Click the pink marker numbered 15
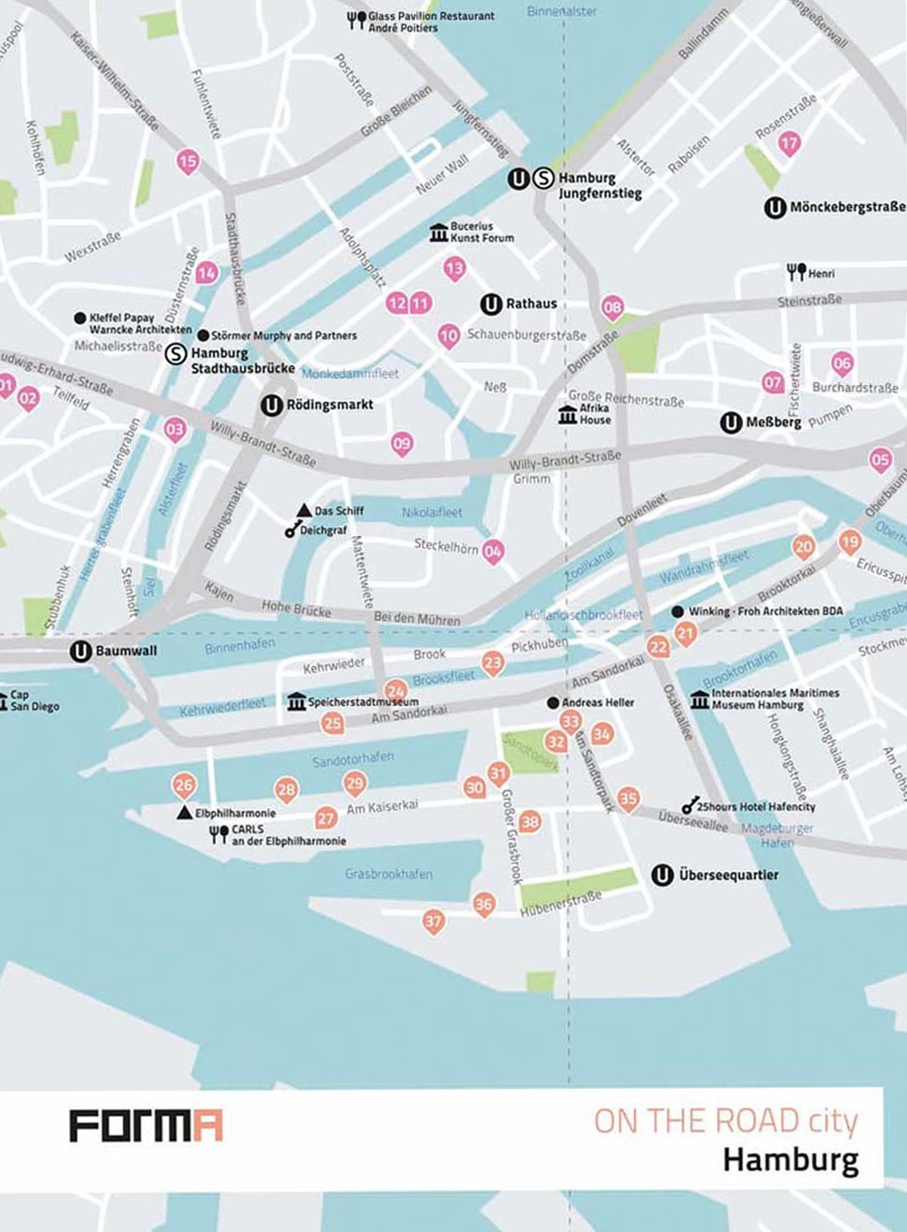(x=187, y=161)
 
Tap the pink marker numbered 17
(x=789, y=142)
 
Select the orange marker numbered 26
(x=184, y=785)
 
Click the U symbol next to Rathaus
(x=491, y=304)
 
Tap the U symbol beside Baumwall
(x=81, y=650)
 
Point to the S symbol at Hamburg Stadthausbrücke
(x=176, y=354)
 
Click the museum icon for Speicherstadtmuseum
(x=297, y=701)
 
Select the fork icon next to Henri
(x=796, y=271)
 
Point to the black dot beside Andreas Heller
(x=553, y=703)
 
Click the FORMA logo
(x=146, y=1125)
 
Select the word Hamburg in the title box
(x=790, y=1160)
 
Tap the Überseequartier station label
(x=728, y=875)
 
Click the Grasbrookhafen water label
(x=388, y=874)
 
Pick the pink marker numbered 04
(x=493, y=550)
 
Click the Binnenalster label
(x=561, y=11)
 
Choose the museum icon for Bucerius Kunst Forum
(x=439, y=232)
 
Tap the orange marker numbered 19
(x=849, y=543)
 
